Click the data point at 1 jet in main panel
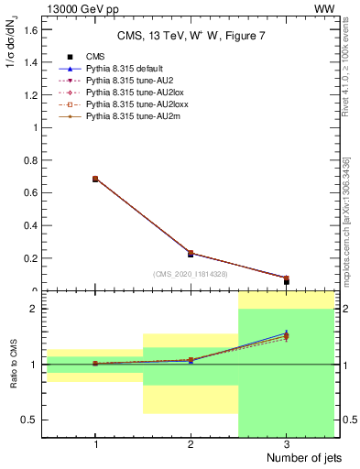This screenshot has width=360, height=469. click(95, 179)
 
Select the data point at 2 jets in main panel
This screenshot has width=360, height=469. click(191, 254)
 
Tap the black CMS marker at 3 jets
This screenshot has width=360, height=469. click(286, 281)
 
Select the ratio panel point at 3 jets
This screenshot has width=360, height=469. click(286, 335)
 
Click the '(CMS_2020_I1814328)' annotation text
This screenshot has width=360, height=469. click(191, 274)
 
